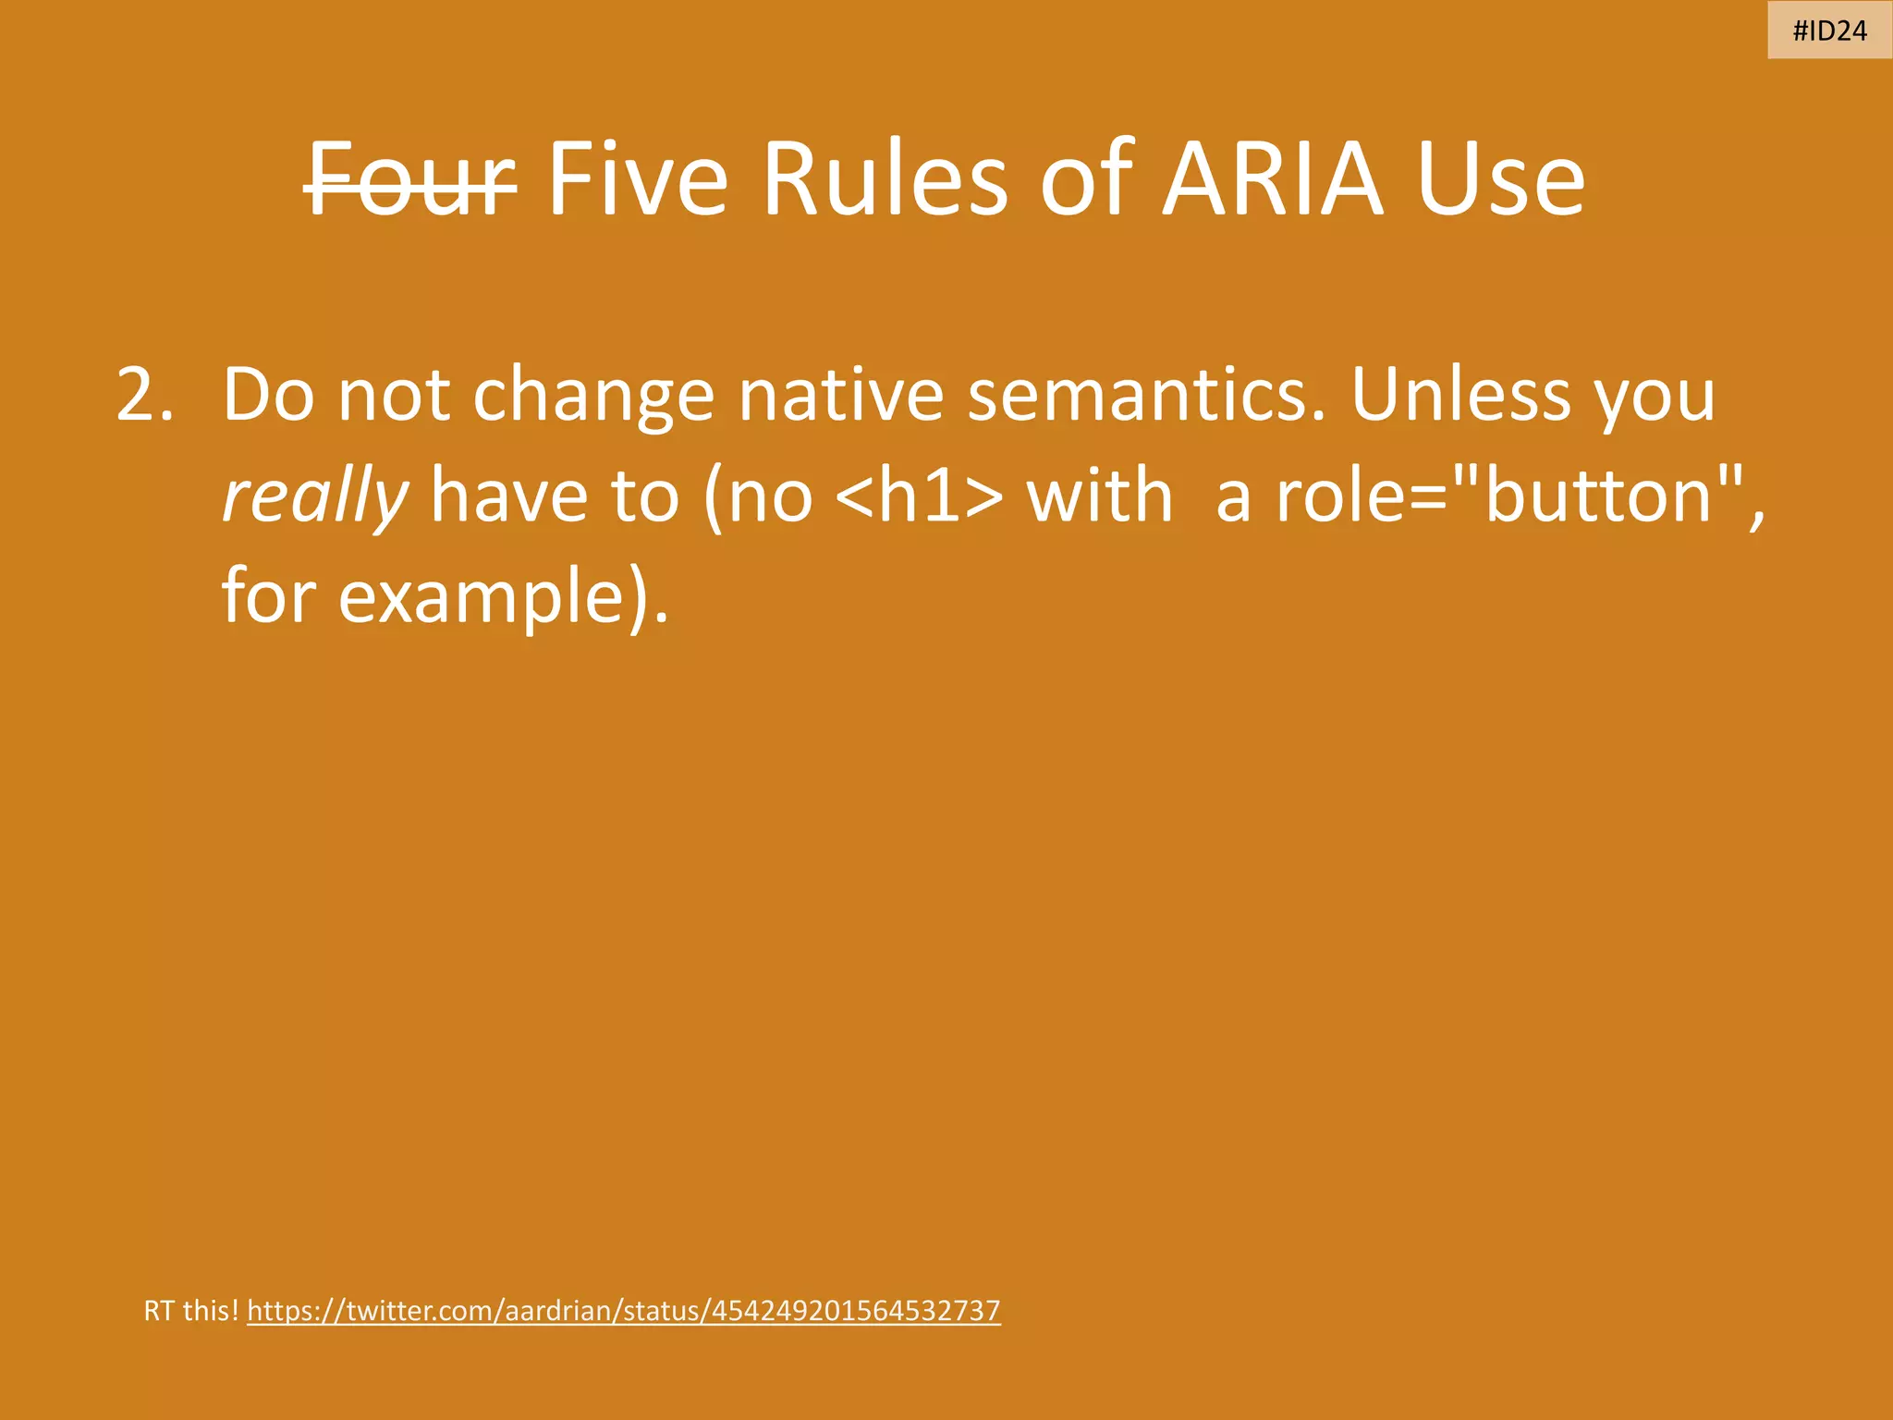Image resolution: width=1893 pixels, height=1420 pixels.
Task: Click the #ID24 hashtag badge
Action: tap(1829, 31)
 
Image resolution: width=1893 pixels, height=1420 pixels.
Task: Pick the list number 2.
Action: tap(144, 396)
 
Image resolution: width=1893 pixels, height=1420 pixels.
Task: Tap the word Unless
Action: tap(1459, 396)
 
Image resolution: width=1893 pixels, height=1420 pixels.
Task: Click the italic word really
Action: tap(315, 497)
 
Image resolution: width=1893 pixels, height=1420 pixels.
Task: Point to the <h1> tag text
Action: tap(919, 497)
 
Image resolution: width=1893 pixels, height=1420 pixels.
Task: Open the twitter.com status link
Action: tap(624, 1311)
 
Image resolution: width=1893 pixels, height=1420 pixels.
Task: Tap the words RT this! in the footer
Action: tap(191, 1311)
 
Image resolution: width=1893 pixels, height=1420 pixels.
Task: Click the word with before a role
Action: tap(1099, 497)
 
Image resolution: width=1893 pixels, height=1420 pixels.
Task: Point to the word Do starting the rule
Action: tap(268, 396)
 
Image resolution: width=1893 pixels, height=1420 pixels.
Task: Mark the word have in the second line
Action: tap(508, 497)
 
